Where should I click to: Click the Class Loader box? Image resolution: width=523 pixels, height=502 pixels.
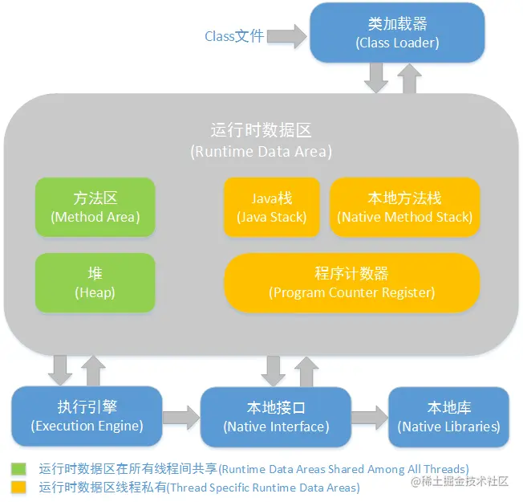pyautogui.click(x=397, y=32)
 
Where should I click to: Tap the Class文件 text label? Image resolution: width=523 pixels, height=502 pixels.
pyautogui.click(x=234, y=36)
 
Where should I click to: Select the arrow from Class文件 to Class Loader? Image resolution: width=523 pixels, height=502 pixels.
pyautogui.click(x=287, y=35)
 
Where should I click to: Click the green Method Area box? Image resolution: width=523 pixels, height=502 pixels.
pyautogui.click(x=95, y=207)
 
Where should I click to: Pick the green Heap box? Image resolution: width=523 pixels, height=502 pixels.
pyautogui.click(x=95, y=283)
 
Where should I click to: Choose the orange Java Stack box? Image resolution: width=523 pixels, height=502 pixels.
pyautogui.click(x=271, y=207)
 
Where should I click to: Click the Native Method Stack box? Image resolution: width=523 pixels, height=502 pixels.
pyautogui.click(x=405, y=207)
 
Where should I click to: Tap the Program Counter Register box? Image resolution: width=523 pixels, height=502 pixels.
pyautogui.click(x=351, y=283)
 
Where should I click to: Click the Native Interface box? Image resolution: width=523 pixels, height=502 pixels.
pyautogui.click(x=276, y=416)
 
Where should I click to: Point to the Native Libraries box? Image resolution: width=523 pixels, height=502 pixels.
pyautogui.click(x=448, y=416)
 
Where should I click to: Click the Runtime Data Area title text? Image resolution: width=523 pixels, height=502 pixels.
pyautogui.click(x=261, y=140)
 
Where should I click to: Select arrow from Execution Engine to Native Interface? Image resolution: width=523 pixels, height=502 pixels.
pyautogui.click(x=182, y=416)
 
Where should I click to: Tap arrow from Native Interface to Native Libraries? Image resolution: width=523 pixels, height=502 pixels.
pyautogui.click(x=369, y=416)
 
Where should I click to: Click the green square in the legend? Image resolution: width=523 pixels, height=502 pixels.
pyautogui.click(x=18, y=468)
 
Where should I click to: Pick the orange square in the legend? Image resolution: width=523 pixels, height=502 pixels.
pyautogui.click(x=18, y=487)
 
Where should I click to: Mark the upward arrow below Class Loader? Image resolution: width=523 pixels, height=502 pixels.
pyautogui.click(x=410, y=77)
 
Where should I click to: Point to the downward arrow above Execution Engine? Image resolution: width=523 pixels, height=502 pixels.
pyautogui.click(x=59, y=369)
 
